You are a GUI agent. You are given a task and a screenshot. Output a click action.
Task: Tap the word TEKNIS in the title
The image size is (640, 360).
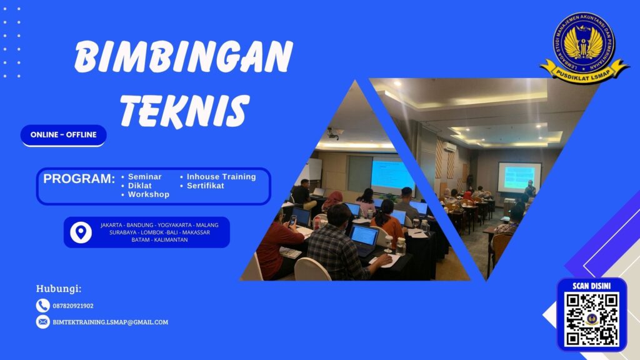coord(184,111)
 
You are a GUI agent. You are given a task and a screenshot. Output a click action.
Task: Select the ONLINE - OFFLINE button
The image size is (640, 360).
coord(64,135)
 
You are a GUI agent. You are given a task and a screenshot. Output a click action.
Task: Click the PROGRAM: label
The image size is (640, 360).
coord(79,179)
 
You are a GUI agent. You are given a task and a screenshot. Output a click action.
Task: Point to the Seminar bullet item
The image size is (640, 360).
coord(144,177)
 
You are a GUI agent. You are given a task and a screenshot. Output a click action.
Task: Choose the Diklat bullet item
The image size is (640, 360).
coord(139,186)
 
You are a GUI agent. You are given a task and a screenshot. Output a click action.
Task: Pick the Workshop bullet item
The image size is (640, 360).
coord(148,194)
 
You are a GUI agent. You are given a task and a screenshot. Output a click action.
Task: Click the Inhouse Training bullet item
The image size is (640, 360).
coord(221,177)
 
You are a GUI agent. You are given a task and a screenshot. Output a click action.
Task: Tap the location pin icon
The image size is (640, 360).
coord(81,232)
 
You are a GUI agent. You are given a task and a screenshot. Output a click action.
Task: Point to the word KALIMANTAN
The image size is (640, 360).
coord(168,240)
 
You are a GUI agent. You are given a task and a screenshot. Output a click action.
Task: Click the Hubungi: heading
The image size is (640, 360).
coord(59,289)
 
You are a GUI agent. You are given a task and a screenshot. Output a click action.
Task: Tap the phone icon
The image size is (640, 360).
coord(42,306)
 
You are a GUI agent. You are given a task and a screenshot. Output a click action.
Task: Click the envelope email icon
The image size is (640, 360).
coord(42,322)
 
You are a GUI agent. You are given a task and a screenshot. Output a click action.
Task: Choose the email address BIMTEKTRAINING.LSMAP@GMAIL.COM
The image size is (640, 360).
coord(111,322)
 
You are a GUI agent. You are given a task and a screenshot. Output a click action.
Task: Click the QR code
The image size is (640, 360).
coord(591,319)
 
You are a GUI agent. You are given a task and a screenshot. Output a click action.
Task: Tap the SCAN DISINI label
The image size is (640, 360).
coord(591,286)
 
